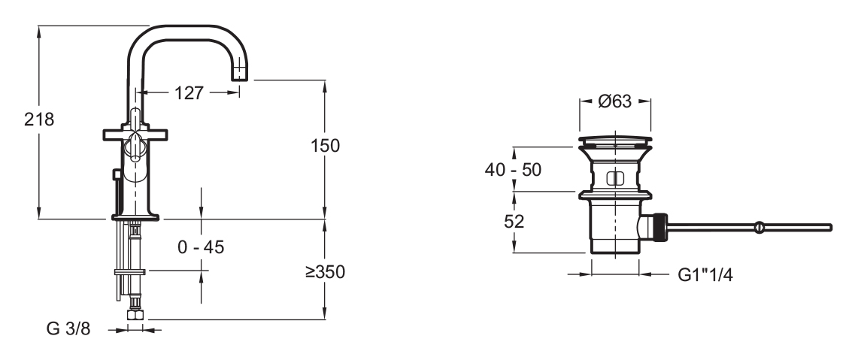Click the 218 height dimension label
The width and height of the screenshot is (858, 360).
pos(39,119)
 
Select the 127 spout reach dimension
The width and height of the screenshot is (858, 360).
pos(189,93)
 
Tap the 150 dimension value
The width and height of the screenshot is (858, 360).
pos(325,146)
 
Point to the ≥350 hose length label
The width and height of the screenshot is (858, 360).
pos(325,271)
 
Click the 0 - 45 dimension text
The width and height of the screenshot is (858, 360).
pos(201,247)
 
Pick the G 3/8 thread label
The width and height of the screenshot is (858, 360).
pos(68,329)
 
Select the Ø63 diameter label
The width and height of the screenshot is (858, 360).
pos(614,101)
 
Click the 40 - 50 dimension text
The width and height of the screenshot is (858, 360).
pos(514,170)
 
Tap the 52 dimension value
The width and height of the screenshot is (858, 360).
pos(514,222)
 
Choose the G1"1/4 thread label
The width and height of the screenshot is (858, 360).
pos(705,274)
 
